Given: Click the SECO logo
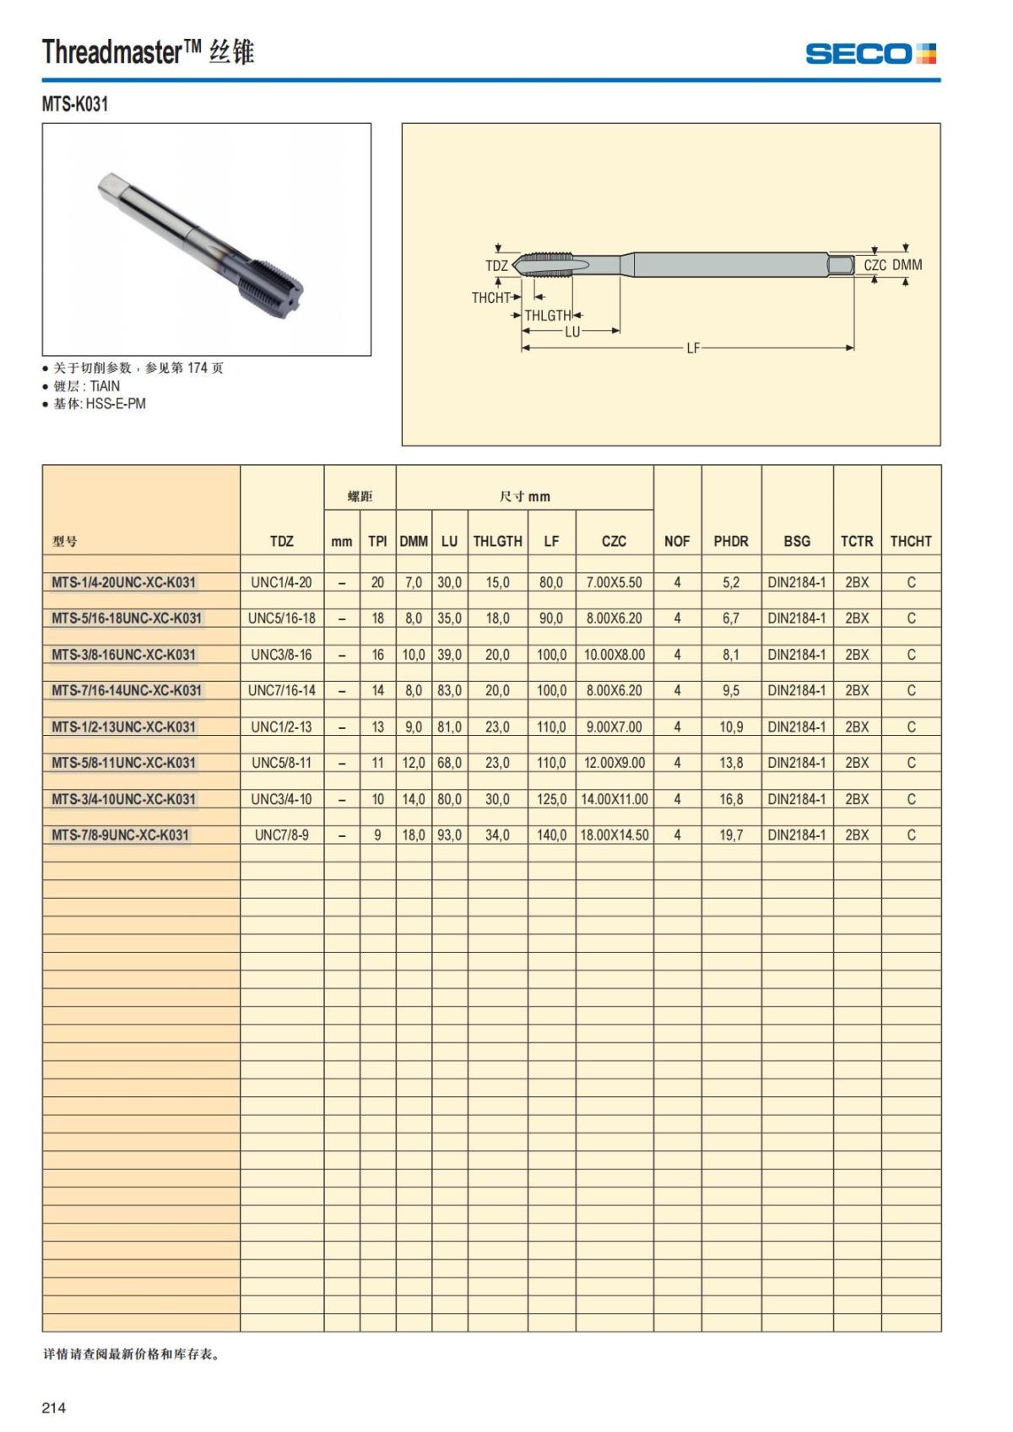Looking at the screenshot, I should click(x=870, y=54).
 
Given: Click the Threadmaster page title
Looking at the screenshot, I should click(x=148, y=52).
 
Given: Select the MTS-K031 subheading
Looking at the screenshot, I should click(x=75, y=104).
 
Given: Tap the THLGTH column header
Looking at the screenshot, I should click(x=497, y=542).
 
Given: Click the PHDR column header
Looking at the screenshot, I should click(x=730, y=542).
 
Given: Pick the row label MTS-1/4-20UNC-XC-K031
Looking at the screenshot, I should click(x=123, y=582).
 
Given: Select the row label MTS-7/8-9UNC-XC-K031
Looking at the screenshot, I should click(x=120, y=835).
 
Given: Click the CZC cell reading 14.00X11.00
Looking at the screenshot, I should click(x=615, y=799).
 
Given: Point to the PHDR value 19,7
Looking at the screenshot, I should click(x=731, y=835).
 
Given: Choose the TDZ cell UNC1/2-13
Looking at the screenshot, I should click(x=281, y=727).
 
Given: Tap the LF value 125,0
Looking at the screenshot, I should click(x=551, y=799).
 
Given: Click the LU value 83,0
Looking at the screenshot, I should click(x=449, y=690).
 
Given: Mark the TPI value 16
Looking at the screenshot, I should click(x=377, y=655).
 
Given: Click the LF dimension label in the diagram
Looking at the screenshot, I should click(x=693, y=348).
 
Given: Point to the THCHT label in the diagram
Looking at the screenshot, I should click(x=490, y=298).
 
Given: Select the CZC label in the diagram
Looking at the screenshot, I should click(x=875, y=265).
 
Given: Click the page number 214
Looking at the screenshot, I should click(x=54, y=1408).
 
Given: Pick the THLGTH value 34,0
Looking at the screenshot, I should click(x=497, y=835).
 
